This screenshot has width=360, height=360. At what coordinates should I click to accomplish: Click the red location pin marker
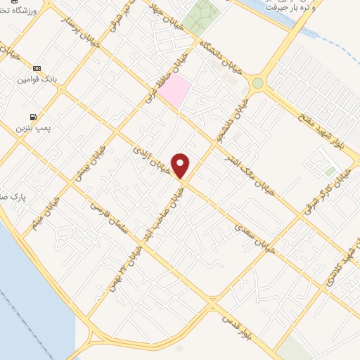[x=181, y=165]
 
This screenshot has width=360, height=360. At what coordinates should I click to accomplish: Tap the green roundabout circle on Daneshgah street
[x=258, y=83]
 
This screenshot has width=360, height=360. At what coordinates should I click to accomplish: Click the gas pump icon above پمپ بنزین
[x=32, y=117]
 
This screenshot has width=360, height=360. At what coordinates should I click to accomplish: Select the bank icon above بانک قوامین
[x=37, y=68]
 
